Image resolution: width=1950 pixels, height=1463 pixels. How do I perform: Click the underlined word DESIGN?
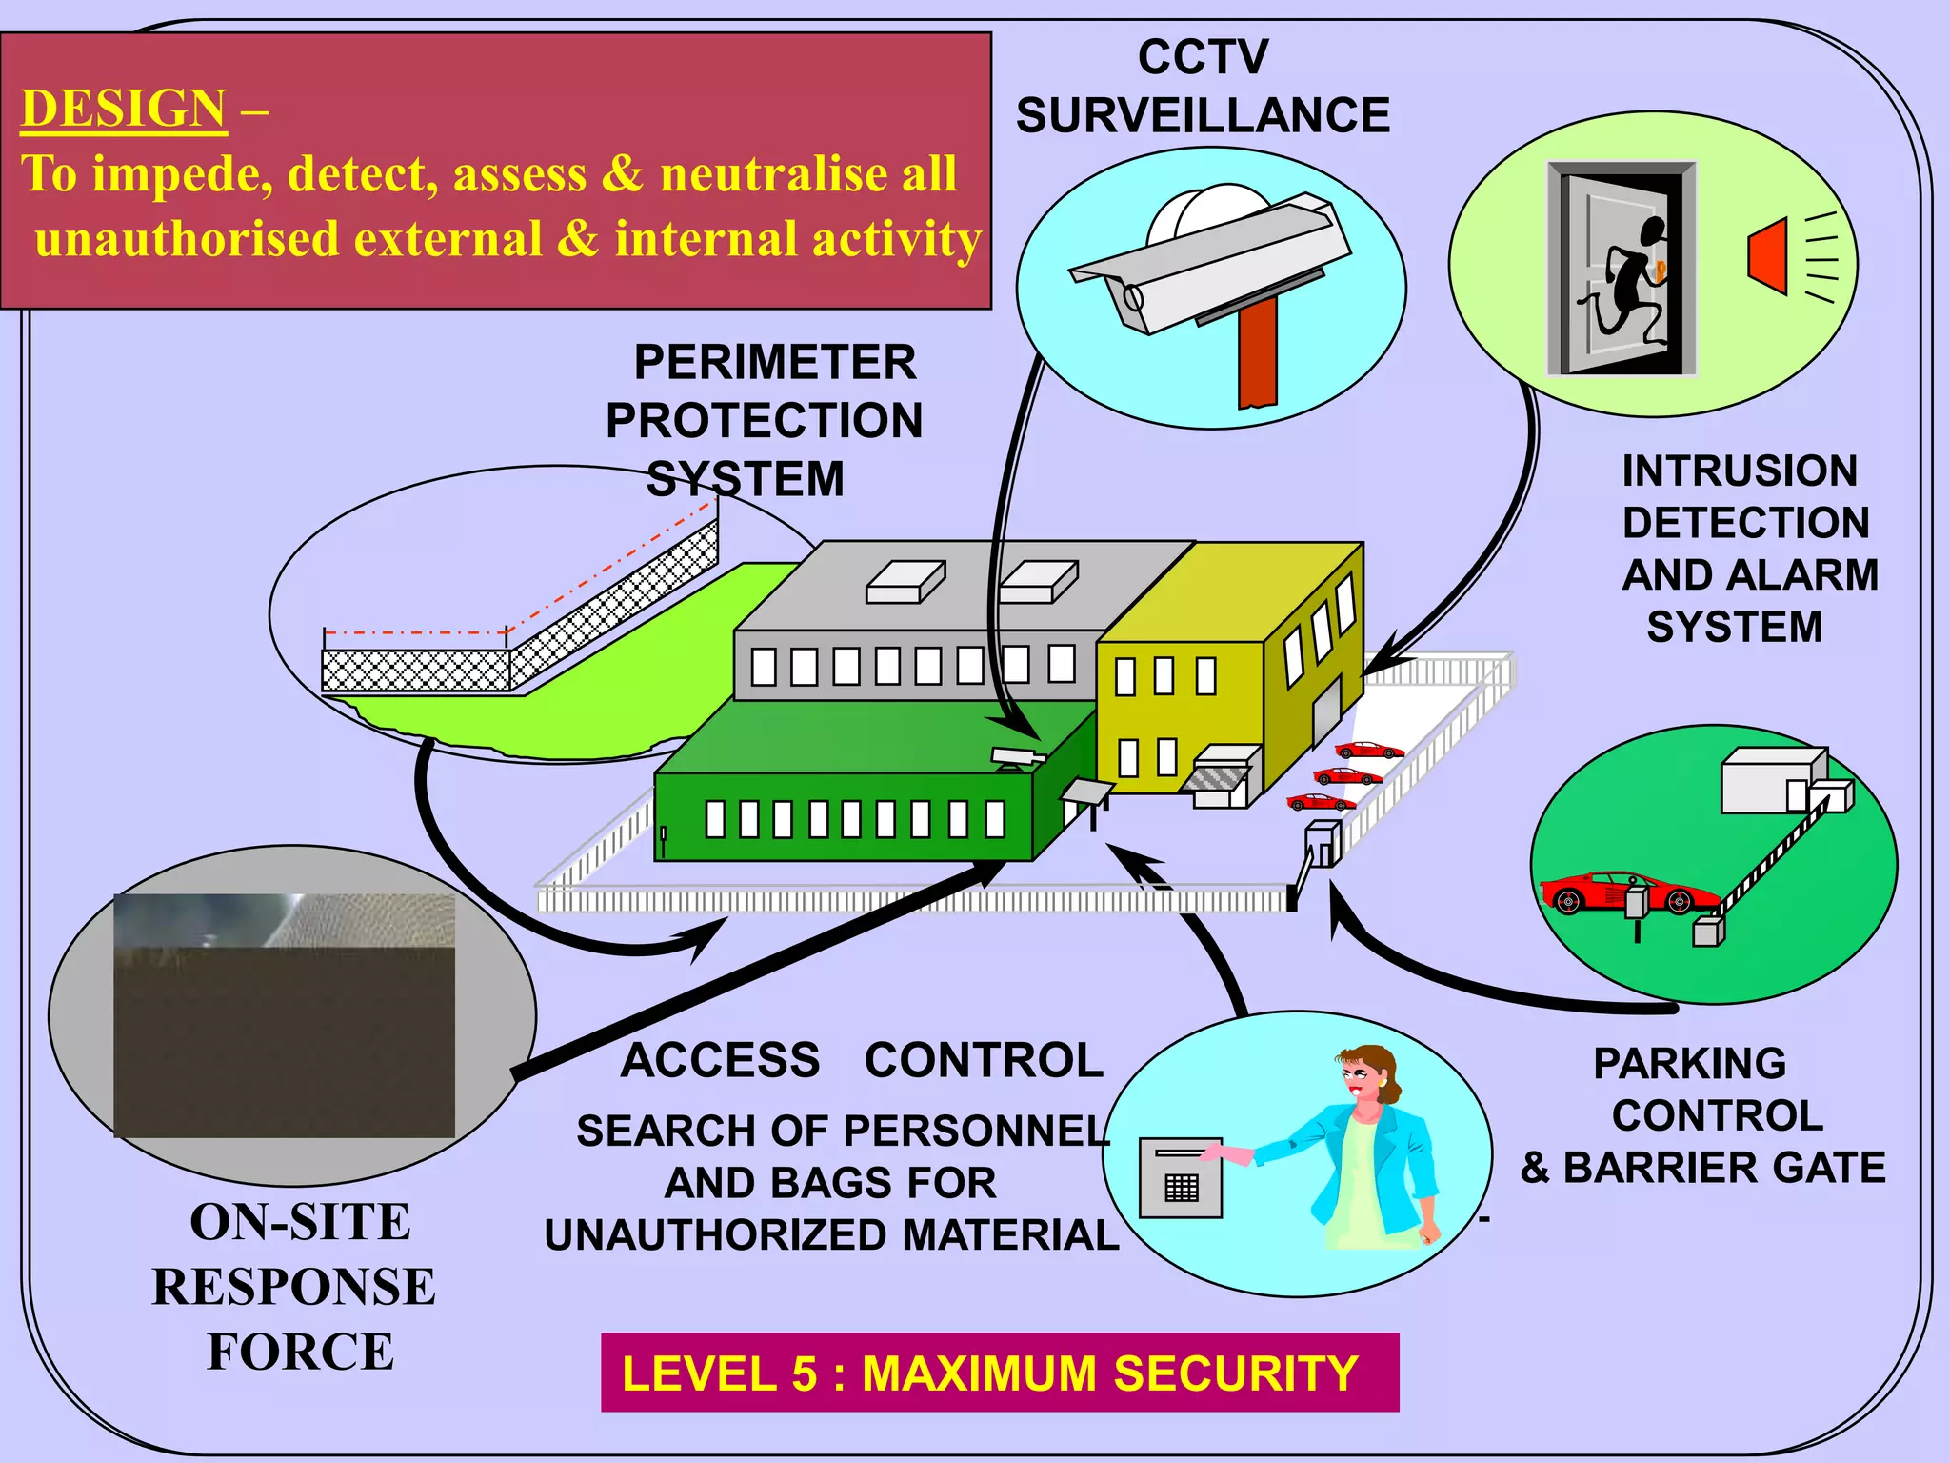click(124, 109)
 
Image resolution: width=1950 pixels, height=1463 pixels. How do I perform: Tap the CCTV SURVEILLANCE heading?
click(1202, 88)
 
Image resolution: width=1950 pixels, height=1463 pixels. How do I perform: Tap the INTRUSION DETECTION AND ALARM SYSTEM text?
click(1748, 549)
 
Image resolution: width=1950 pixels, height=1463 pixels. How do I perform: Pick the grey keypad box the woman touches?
click(1181, 1177)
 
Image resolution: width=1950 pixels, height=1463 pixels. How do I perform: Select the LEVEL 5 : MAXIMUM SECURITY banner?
click(999, 1373)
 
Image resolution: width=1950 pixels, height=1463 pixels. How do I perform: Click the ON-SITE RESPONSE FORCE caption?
click(295, 1286)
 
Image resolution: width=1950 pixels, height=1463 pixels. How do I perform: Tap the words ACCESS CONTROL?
click(862, 1060)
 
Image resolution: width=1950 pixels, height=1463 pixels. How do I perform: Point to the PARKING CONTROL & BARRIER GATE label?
click(1704, 1115)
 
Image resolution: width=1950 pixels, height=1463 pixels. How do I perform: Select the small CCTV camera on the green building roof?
click(1016, 758)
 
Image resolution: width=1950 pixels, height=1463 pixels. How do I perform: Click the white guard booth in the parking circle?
click(1771, 781)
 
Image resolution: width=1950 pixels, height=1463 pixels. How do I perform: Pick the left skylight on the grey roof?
click(905, 582)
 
